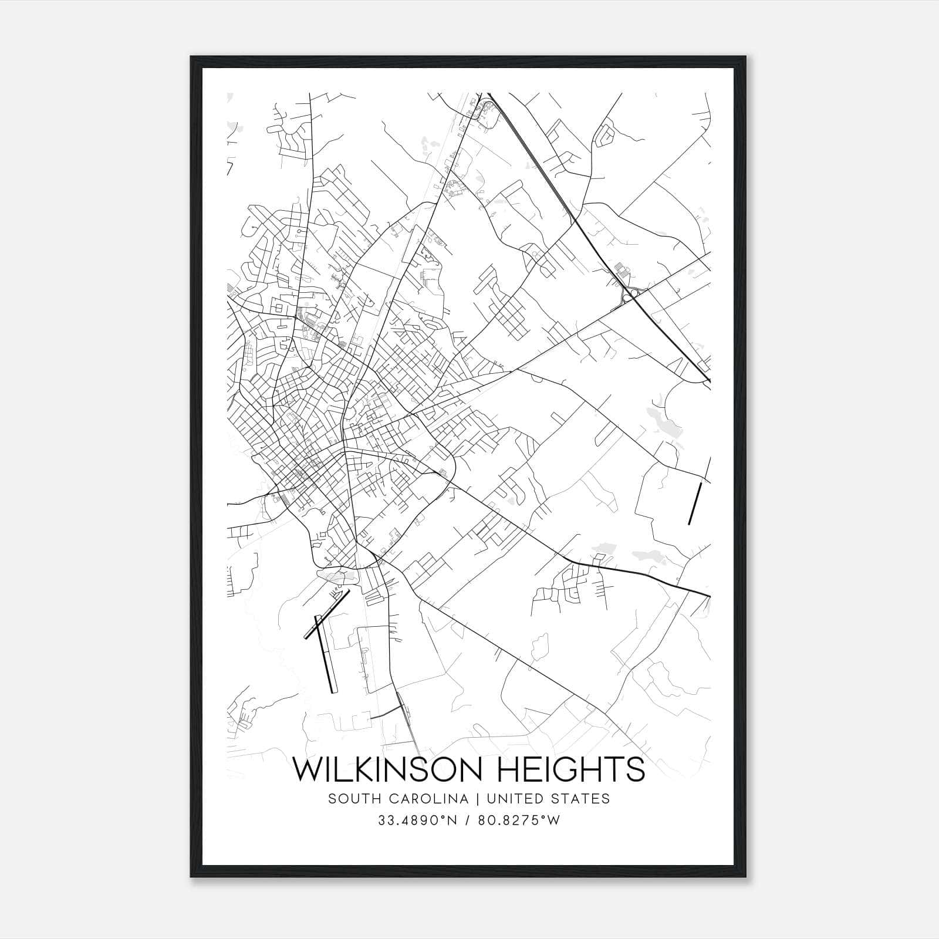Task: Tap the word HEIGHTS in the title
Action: pyautogui.click(x=587, y=769)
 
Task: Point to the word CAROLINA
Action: pyautogui.click(x=417, y=799)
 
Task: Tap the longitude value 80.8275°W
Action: pyautogui.click(x=519, y=820)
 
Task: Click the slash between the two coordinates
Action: pyautogui.click(x=468, y=820)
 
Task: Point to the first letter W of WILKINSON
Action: pyautogui.click(x=307, y=769)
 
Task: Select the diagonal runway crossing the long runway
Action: pyautogui.click(x=326, y=614)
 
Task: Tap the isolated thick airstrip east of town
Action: pyautogui.click(x=695, y=504)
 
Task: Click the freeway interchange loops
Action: pyautogui.click(x=629, y=295)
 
